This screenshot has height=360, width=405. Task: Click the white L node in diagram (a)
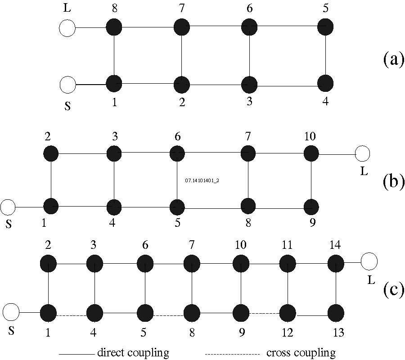(x=67, y=28)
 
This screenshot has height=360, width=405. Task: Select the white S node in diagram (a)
(x=67, y=84)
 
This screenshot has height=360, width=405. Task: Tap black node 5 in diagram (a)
(x=325, y=27)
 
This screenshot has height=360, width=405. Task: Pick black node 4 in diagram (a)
(x=325, y=84)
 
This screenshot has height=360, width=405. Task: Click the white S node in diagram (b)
(x=8, y=207)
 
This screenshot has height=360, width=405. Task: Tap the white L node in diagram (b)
(x=362, y=154)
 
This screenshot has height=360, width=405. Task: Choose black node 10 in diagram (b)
(x=310, y=153)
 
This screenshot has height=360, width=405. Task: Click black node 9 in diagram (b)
(x=310, y=207)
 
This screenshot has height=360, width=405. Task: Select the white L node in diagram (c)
(x=369, y=261)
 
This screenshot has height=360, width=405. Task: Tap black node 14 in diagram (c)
(x=336, y=262)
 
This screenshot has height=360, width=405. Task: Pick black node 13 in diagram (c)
(x=336, y=312)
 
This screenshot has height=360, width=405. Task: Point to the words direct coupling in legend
(x=133, y=353)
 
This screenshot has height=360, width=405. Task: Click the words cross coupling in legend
(x=301, y=353)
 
